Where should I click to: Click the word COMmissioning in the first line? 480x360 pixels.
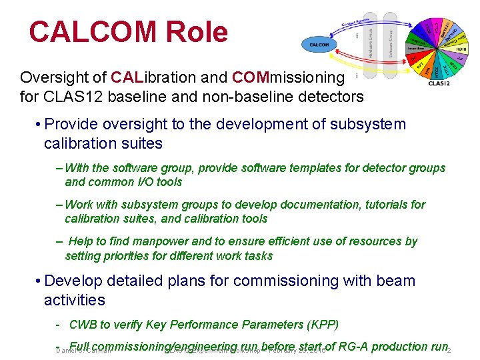pyautogui.click(x=288, y=77)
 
